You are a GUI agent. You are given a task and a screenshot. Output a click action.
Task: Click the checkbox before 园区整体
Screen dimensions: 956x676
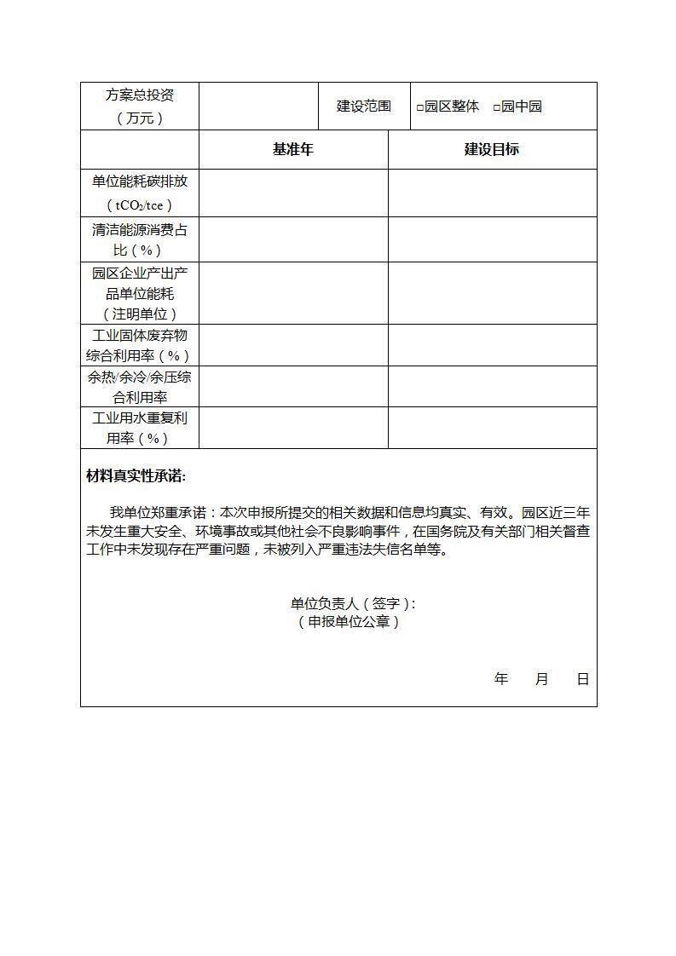pyautogui.click(x=420, y=107)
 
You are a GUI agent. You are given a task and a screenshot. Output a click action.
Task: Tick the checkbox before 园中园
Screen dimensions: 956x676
pyautogui.click(x=497, y=107)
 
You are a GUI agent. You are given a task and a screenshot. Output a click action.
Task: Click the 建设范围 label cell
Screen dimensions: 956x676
pyautogui.click(x=364, y=107)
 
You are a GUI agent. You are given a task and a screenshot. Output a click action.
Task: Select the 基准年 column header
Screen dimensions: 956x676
pyautogui.click(x=293, y=149)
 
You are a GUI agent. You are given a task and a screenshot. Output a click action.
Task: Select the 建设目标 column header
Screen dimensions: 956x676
pyautogui.click(x=492, y=149)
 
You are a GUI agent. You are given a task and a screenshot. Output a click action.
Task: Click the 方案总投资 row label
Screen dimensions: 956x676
pyautogui.click(x=139, y=107)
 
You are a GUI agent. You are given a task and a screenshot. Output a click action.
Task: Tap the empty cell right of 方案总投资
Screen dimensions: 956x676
pyautogui.click(x=258, y=107)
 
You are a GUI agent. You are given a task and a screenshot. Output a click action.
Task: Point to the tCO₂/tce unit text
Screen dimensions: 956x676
pyautogui.click(x=139, y=205)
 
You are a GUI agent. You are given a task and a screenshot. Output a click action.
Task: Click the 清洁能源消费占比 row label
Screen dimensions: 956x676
pyautogui.click(x=139, y=239)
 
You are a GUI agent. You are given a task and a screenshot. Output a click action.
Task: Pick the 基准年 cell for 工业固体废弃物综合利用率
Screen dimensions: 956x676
pyautogui.click(x=293, y=345)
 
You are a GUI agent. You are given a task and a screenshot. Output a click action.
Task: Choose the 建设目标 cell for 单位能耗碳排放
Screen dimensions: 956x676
pyautogui.click(x=492, y=193)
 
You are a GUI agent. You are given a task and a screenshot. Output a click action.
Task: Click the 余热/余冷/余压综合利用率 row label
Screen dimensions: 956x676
pyautogui.click(x=139, y=387)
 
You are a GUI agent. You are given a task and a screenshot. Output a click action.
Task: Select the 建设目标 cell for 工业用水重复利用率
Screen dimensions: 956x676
pyautogui.click(x=492, y=428)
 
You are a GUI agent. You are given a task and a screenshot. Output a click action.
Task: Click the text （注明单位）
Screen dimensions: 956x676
pyautogui.click(x=139, y=314)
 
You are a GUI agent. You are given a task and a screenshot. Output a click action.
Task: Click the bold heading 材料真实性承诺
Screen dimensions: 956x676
pyautogui.click(x=136, y=476)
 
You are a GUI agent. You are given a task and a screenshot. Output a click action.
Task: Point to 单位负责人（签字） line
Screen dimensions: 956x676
pyautogui.click(x=353, y=603)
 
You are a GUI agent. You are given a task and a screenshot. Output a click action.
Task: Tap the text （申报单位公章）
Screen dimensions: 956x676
pyautogui.click(x=349, y=622)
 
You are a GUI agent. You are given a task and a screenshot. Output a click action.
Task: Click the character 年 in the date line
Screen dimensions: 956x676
pyautogui.click(x=500, y=679)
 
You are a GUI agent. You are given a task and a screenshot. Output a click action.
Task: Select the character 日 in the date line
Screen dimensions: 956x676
pyautogui.click(x=583, y=679)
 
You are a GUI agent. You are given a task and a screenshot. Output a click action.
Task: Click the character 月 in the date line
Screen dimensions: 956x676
pyautogui.click(x=542, y=679)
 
